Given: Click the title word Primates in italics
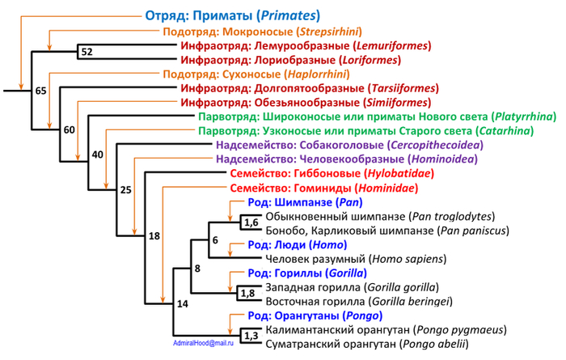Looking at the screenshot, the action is pyautogui.click(x=288, y=16).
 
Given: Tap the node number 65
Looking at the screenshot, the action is pyautogui.click(x=40, y=91).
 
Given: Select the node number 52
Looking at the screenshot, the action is pyautogui.click(x=87, y=52).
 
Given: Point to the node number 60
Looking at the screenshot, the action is pyautogui.click(x=70, y=129).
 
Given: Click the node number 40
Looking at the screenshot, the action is pyautogui.click(x=98, y=155).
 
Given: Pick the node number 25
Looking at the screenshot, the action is pyautogui.click(x=125, y=190).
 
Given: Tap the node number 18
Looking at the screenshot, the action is pyautogui.click(x=154, y=236).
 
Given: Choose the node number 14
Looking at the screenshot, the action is pyautogui.click(x=182, y=304).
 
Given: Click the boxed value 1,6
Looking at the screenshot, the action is pyautogui.click(x=251, y=222).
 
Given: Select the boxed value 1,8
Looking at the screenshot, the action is pyautogui.click(x=247, y=293).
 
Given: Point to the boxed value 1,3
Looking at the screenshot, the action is pyautogui.click(x=251, y=336).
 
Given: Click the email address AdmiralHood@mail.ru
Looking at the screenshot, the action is pyautogui.click(x=203, y=343).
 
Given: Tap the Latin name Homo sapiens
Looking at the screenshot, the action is pyautogui.click(x=408, y=259).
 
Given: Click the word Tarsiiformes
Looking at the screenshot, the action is pyautogui.click(x=403, y=88).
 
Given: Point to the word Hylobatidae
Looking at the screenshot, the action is pyautogui.click(x=399, y=174).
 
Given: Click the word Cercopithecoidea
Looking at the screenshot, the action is pyautogui.click(x=435, y=145).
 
